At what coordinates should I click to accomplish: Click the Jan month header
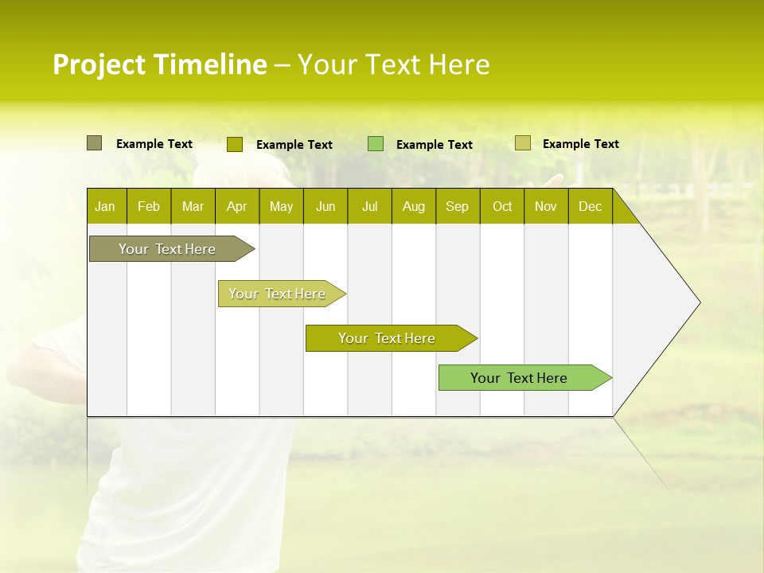pyautogui.click(x=105, y=207)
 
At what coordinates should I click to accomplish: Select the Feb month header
pyautogui.click(x=149, y=207)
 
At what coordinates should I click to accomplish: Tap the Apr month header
pyautogui.click(x=236, y=207)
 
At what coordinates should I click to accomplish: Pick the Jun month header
pyautogui.click(x=325, y=207)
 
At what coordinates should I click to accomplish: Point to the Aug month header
pyautogui.click(x=413, y=207)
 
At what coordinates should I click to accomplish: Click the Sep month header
pyautogui.click(x=457, y=207)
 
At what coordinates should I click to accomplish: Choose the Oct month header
pyautogui.click(x=502, y=207)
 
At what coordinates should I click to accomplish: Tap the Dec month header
pyautogui.click(x=590, y=207)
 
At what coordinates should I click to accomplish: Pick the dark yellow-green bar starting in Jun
pyautogui.click(x=388, y=338)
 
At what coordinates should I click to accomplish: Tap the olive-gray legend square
pyautogui.click(x=94, y=143)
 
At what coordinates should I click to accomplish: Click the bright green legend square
pyautogui.click(x=376, y=144)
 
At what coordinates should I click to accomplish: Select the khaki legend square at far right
pyautogui.click(x=522, y=143)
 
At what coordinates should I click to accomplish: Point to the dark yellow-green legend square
pyautogui.click(x=234, y=144)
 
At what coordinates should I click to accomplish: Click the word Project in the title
pyautogui.click(x=100, y=64)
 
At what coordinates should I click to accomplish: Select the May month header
pyautogui.click(x=281, y=207)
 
